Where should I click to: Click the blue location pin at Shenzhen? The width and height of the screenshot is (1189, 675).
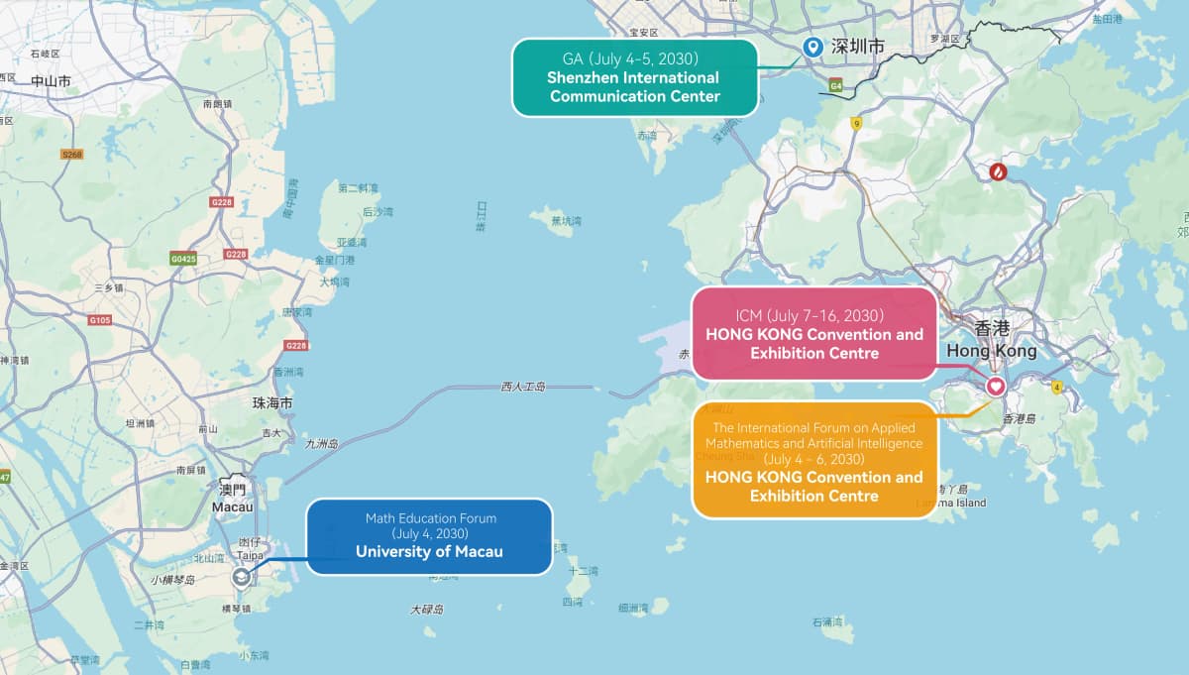[x=812, y=47]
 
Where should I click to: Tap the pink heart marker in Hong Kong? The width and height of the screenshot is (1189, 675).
[x=996, y=386]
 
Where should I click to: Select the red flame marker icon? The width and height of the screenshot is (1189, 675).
[x=998, y=172]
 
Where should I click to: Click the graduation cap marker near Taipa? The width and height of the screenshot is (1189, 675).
[x=242, y=577]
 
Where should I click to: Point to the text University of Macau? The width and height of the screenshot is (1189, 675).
[x=429, y=551]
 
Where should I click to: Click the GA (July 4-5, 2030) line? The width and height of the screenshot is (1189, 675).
[x=635, y=57]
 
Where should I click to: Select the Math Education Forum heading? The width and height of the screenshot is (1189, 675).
[x=430, y=517]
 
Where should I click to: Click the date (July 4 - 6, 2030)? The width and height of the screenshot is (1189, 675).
[x=814, y=460]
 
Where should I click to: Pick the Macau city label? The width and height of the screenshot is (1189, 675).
[x=232, y=506]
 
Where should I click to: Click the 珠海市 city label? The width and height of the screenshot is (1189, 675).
[x=272, y=403]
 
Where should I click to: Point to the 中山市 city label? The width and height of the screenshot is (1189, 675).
[x=51, y=81]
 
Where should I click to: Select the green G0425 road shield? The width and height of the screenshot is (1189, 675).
[x=183, y=259]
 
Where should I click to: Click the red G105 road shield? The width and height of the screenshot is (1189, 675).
[x=100, y=320]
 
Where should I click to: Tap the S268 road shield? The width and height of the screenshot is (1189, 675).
[x=71, y=155]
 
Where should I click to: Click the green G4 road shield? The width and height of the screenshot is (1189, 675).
[x=836, y=86]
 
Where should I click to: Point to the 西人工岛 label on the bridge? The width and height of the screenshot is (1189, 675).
[x=523, y=387]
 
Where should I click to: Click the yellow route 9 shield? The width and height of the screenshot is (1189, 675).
[x=856, y=123]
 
